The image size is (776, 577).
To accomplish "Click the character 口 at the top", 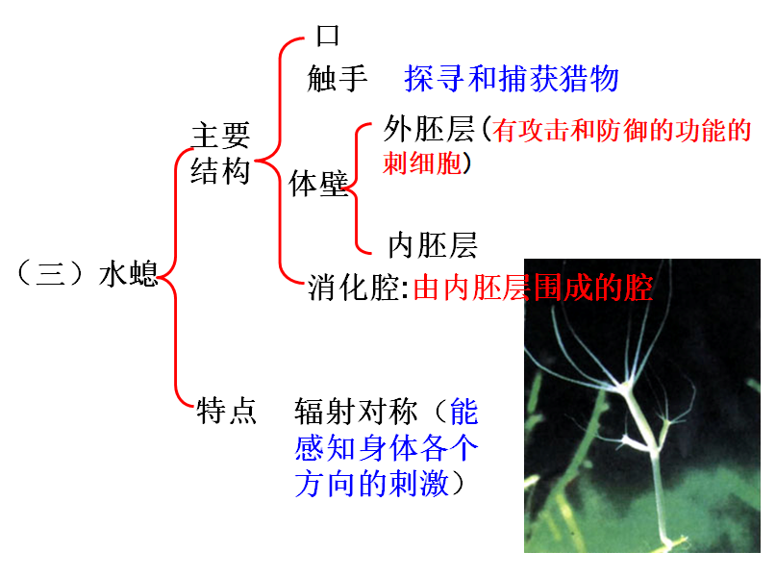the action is click(x=329, y=37).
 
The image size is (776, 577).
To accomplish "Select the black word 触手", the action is click(x=338, y=79).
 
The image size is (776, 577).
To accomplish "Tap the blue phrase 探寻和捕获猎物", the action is click(x=512, y=79).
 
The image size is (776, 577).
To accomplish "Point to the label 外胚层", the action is click(x=429, y=129).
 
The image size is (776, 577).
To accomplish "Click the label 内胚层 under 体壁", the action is click(x=432, y=245).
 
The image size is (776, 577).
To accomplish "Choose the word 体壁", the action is click(x=318, y=184).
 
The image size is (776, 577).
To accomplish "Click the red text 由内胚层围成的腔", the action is click(x=533, y=288).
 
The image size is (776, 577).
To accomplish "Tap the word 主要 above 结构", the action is click(x=220, y=136).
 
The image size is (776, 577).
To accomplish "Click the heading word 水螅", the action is click(x=128, y=276).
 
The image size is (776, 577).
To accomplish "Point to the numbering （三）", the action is click(x=54, y=276).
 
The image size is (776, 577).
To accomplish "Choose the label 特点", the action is click(x=226, y=412).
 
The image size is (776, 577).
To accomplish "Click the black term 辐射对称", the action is click(x=357, y=412).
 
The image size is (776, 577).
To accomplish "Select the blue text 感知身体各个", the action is click(x=387, y=447).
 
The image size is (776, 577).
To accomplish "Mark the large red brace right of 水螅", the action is click(x=174, y=279).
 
